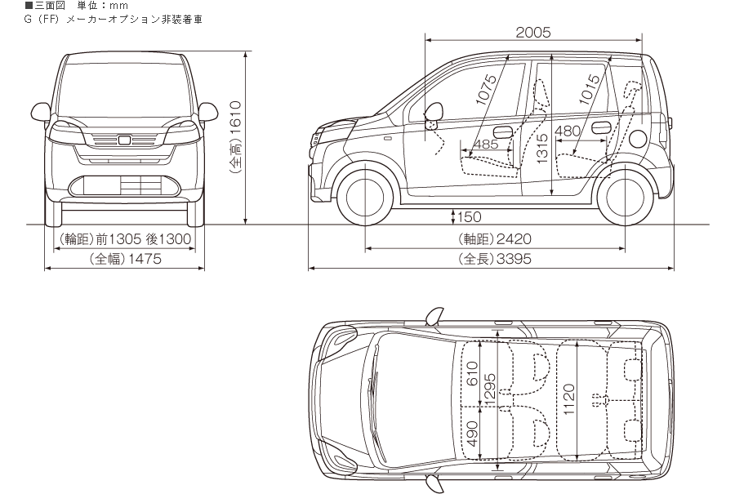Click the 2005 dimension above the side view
point(533,33)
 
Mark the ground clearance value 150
point(470,217)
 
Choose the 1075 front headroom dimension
point(488,90)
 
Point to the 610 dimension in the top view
point(471,378)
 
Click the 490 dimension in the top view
point(471,439)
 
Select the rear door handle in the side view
point(601,127)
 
